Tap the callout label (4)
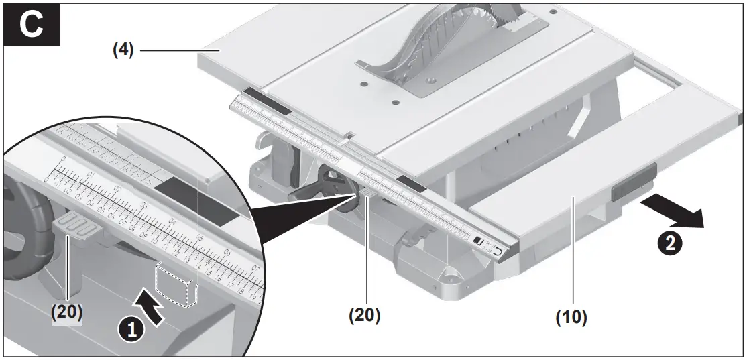pos(123,50)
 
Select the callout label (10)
pos(571,318)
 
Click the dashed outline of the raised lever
pos(176,284)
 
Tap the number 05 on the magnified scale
pos(198,237)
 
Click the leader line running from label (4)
pos(171,50)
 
